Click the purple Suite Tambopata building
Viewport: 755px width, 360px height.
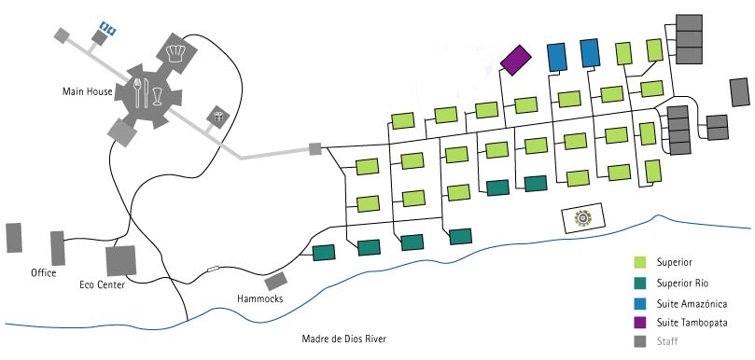coord(516,61)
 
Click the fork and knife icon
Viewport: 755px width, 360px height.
coord(142,92)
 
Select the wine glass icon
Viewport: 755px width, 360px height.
coord(157,96)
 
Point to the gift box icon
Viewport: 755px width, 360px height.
coord(218,117)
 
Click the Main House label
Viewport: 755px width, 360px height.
coord(87,91)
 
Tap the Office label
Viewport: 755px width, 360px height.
coord(43,273)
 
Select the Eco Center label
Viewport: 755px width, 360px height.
coord(102,284)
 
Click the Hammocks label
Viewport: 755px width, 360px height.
coord(260,298)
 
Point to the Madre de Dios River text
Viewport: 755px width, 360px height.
coord(343,339)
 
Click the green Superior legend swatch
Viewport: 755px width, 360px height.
coord(640,262)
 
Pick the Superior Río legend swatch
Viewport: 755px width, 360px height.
coord(640,284)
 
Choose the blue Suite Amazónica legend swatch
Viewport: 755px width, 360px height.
coord(640,304)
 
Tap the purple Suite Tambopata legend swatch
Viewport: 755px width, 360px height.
coord(640,322)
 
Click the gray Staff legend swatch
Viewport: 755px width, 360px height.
coord(640,341)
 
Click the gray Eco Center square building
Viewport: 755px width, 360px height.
coord(121,261)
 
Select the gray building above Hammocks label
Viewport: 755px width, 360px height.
coord(276,281)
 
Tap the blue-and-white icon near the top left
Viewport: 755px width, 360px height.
coord(108,29)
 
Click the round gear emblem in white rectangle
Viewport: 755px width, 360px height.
coord(583,218)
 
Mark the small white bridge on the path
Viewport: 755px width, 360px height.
coord(213,269)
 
